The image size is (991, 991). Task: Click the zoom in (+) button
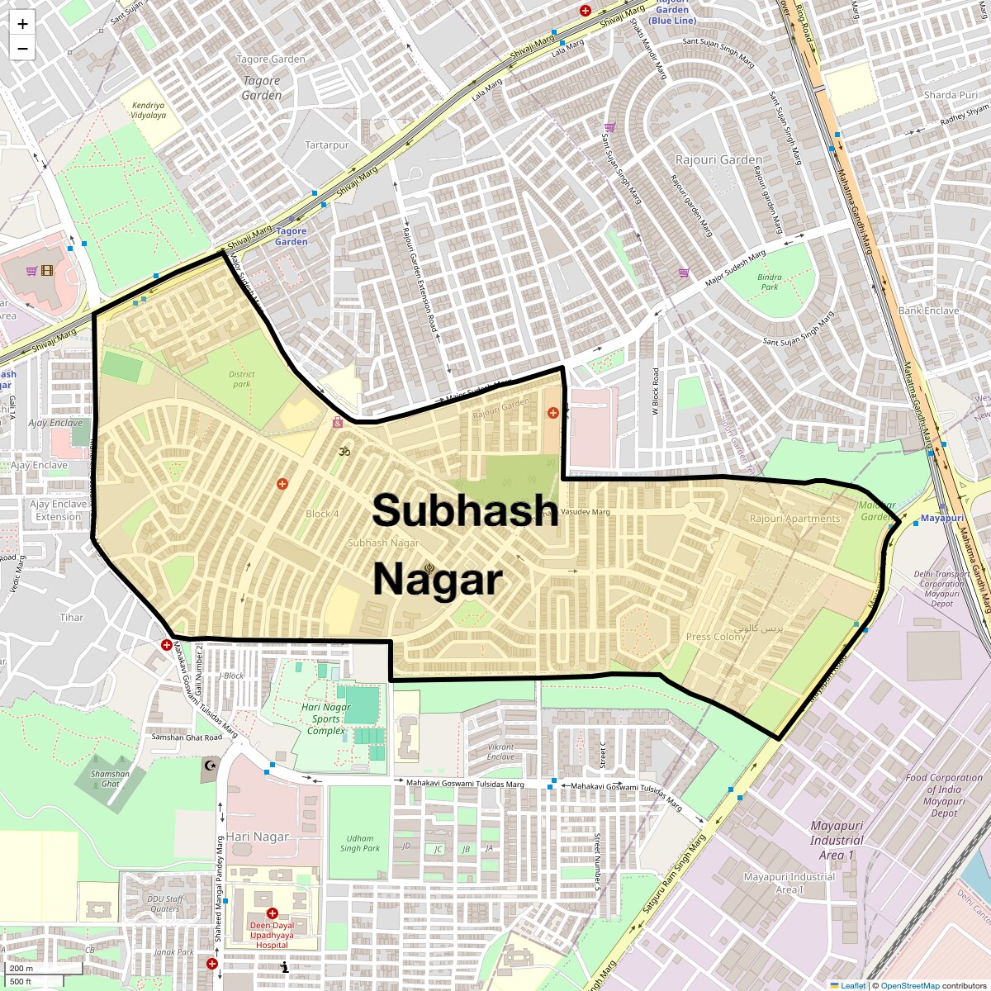22,24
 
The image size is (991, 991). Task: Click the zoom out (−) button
22,49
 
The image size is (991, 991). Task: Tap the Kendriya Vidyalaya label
149,111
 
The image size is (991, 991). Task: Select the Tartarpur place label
327,145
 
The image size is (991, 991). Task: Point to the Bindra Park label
770,282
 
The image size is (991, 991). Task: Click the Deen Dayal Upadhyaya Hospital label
272,936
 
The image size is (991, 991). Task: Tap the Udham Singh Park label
360,843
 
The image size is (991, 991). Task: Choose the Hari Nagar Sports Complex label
325,718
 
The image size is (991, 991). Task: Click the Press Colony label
716,637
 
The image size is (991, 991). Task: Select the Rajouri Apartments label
794,519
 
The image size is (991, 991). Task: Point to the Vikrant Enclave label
500,752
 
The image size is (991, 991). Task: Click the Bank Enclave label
928,311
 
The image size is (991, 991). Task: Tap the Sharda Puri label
951,95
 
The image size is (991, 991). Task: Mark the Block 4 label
322,514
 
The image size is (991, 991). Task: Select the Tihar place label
72,618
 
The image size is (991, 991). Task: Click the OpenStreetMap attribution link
909,985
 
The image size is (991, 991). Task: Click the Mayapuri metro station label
941,519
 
